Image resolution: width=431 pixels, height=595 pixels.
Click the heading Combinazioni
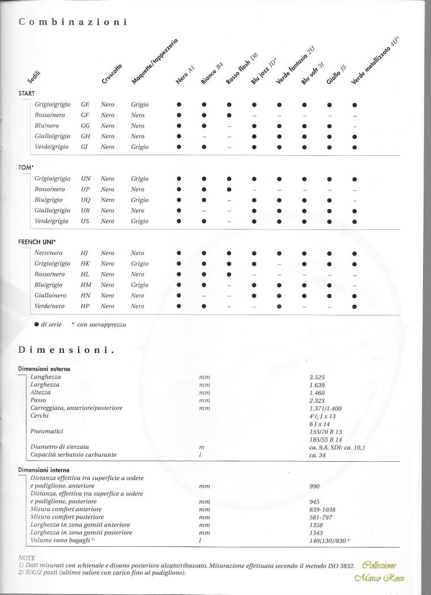[72, 22]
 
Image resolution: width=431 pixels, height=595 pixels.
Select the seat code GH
[86, 136]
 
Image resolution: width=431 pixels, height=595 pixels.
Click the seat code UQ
[86, 200]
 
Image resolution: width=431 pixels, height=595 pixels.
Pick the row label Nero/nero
[49, 253]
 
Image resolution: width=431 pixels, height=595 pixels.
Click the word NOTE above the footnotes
[26, 558]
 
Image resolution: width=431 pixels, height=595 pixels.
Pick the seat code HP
[86, 306]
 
